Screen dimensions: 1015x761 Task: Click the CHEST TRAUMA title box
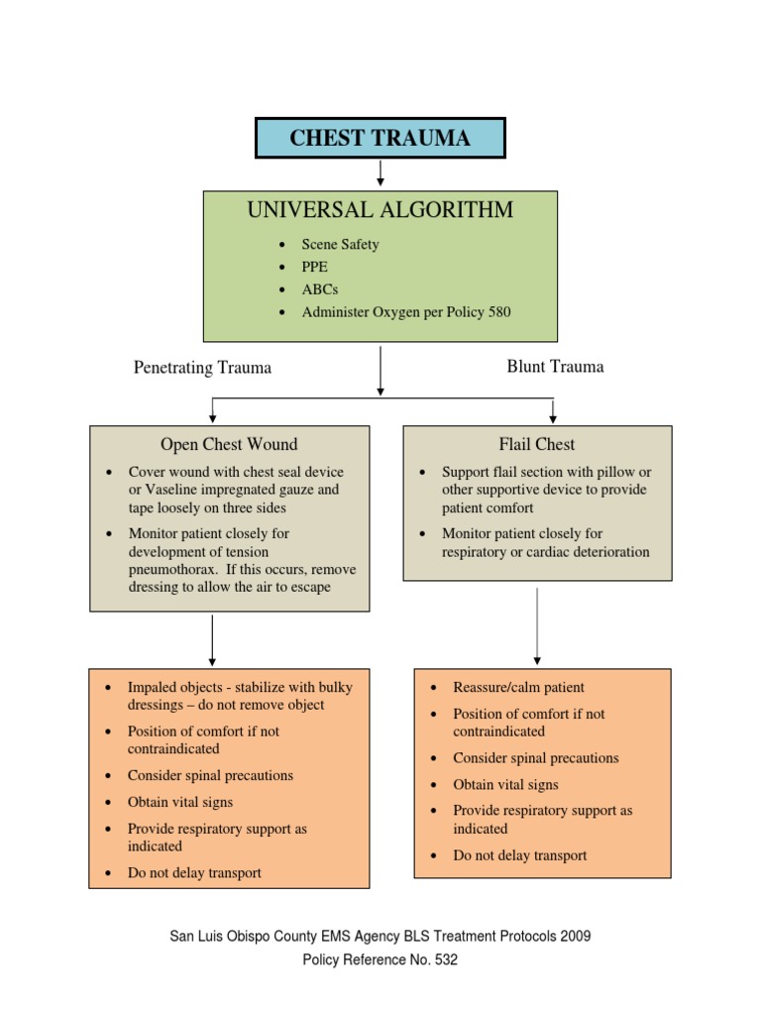[x=380, y=138]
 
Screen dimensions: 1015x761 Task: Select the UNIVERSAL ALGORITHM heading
[x=380, y=210]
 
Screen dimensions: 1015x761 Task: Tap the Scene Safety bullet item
[x=340, y=244]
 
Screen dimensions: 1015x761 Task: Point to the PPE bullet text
[x=314, y=267]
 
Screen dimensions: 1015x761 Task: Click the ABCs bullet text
[x=319, y=289]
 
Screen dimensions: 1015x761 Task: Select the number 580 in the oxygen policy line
[x=498, y=312]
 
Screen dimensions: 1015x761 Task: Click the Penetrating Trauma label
[x=202, y=368]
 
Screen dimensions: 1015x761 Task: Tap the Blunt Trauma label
[x=555, y=367]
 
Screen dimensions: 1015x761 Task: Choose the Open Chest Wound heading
[x=229, y=444]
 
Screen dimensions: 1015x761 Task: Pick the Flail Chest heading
[x=537, y=444]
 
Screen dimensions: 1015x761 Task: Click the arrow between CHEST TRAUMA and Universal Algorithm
[x=380, y=173]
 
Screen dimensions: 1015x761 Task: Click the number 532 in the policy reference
[x=444, y=959]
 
